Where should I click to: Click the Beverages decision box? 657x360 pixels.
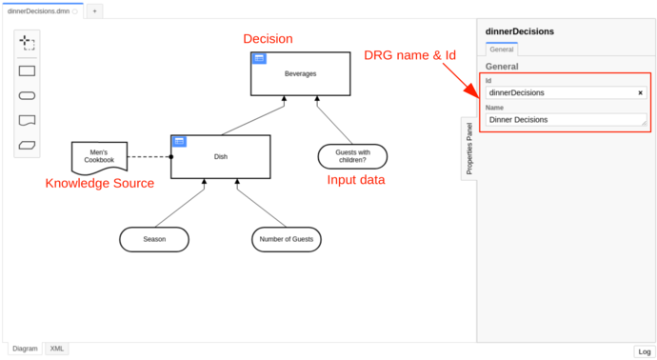tap(301, 73)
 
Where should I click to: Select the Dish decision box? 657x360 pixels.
tap(221, 157)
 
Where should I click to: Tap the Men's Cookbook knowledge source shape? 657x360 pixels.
tap(99, 157)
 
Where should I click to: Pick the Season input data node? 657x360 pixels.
tap(154, 239)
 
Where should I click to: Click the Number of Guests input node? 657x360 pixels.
tap(287, 239)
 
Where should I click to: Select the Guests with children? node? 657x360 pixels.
tap(352, 156)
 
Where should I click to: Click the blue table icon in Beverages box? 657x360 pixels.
tap(258, 58)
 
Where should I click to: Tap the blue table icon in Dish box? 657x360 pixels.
tap(179, 142)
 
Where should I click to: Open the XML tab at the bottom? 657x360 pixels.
tap(57, 350)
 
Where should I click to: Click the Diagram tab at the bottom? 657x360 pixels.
tap(25, 350)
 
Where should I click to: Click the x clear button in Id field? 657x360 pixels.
tap(641, 92)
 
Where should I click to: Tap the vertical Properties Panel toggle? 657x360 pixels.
tap(468, 148)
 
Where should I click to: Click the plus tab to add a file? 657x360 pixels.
tap(94, 10)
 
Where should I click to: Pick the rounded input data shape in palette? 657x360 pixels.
tap(27, 95)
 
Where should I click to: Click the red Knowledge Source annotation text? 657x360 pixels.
tap(100, 183)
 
